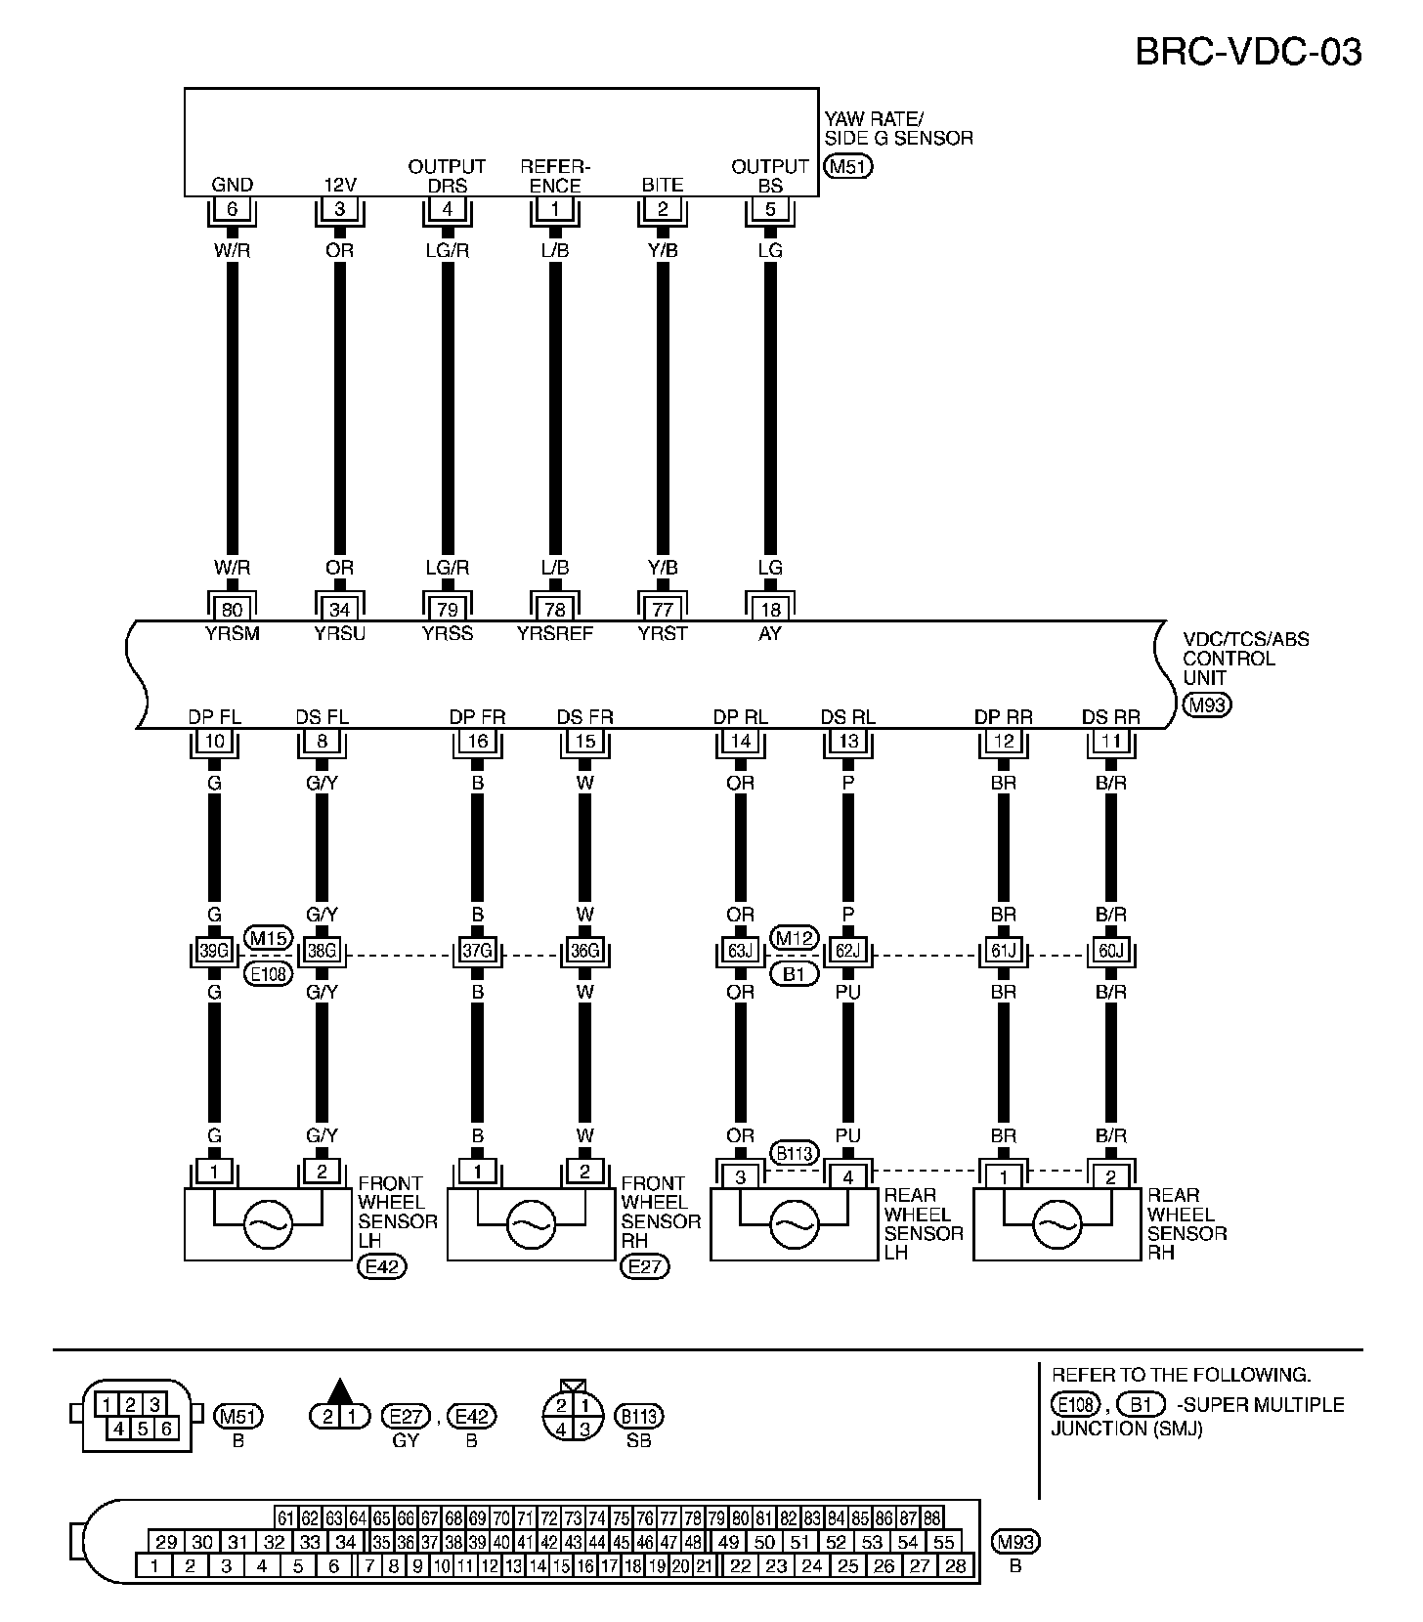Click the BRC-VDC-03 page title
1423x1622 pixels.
pos(1248,51)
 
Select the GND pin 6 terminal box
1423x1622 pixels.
pos(232,209)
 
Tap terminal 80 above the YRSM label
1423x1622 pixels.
pos(232,610)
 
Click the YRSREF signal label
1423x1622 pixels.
pos(555,633)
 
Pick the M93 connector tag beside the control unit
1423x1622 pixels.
pos(1207,704)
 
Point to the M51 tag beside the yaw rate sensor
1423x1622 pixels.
pos(847,166)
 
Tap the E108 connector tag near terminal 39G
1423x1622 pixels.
pos(268,973)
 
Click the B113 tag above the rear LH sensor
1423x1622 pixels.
pos(794,1153)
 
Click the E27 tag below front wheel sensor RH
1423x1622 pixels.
pos(645,1267)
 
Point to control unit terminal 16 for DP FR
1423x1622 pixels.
pos(477,741)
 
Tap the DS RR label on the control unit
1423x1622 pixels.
pos(1111,717)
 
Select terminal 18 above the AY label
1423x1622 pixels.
pos(770,610)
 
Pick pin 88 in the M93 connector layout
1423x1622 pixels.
pos(931,1518)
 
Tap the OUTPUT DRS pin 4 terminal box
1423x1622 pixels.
pos(447,209)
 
